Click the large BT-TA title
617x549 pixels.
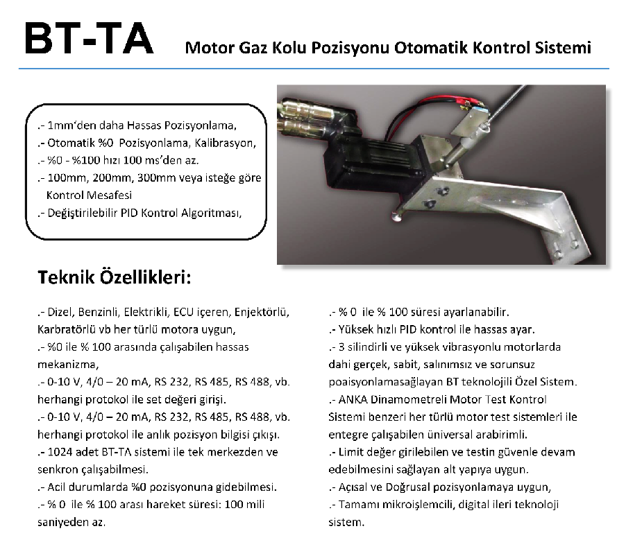88,40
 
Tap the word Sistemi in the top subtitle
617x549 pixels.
565,49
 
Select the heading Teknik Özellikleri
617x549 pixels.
113,279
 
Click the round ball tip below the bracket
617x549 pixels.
396,217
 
